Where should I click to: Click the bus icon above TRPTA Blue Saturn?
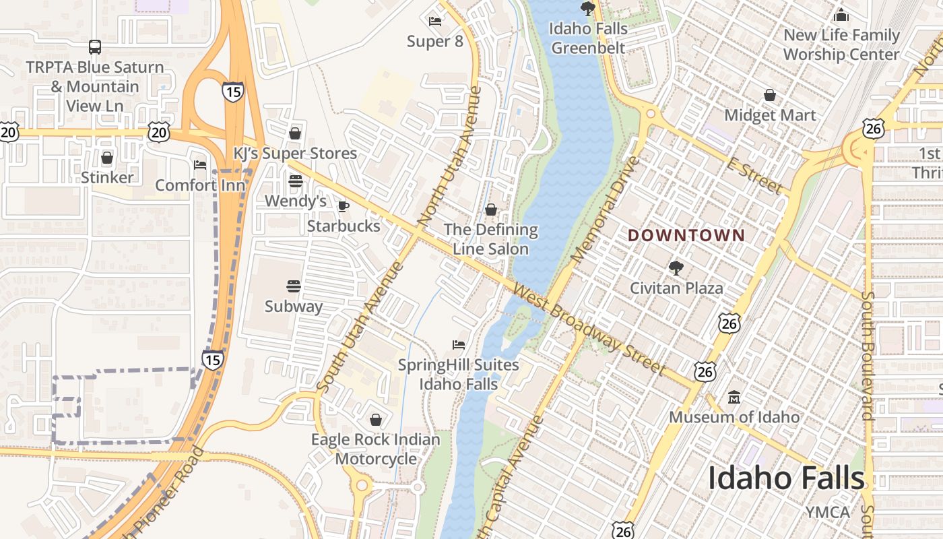coord(95,47)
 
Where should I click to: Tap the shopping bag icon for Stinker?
coord(107,158)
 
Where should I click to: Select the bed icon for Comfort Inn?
coord(200,165)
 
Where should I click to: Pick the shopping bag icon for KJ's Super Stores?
coord(295,133)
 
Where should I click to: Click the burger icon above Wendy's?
coord(295,181)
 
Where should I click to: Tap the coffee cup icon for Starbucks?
coord(344,206)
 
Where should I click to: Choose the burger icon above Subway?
coord(293,286)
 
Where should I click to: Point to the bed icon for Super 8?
coord(435,22)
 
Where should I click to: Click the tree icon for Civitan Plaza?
coord(676,268)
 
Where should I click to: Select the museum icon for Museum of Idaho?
coord(734,398)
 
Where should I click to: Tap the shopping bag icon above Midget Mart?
coord(770,96)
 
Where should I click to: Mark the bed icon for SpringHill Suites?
coord(459,345)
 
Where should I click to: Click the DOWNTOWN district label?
coord(686,235)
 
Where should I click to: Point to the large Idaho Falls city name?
coord(785,478)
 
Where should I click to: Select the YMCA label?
coord(828,512)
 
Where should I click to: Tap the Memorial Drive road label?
coord(605,210)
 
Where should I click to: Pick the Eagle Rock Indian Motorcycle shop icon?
coord(376,420)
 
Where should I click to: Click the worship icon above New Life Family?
coord(841,15)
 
